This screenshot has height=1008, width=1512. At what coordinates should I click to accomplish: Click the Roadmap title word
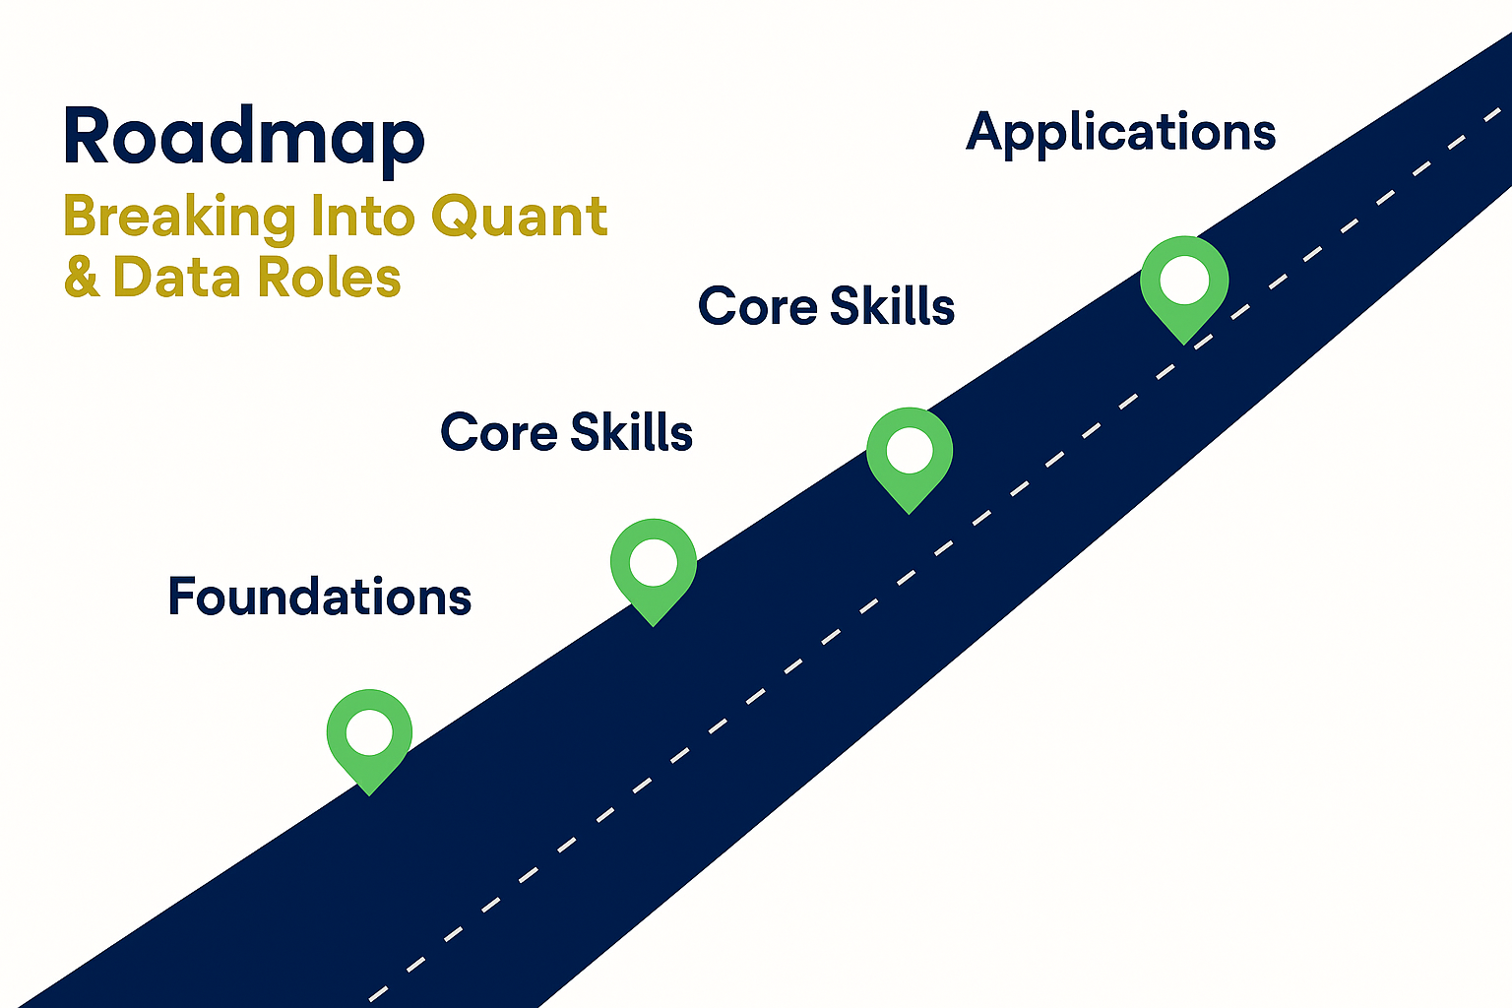point(243,138)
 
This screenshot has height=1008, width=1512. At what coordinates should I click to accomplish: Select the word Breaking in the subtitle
point(179,218)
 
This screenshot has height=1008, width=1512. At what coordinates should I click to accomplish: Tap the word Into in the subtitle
point(363,216)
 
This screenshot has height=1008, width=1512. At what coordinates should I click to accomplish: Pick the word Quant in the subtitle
point(519,218)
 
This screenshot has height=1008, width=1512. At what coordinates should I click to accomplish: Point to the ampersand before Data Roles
point(82,278)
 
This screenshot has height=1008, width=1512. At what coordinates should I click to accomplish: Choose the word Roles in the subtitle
point(330,278)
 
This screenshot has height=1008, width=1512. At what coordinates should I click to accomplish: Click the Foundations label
point(319,597)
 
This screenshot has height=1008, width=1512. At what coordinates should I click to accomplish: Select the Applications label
point(1120,133)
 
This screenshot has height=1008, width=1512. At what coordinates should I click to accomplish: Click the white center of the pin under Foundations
point(369,732)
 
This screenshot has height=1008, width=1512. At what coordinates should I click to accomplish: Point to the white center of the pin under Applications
point(1184,281)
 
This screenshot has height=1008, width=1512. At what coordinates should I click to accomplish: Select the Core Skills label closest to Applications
point(826,306)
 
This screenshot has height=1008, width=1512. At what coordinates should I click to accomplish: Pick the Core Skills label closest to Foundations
point(566,432)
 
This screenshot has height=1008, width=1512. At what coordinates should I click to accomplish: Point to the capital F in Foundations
point(181,596)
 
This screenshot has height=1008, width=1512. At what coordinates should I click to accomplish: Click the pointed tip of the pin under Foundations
point(369,792)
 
